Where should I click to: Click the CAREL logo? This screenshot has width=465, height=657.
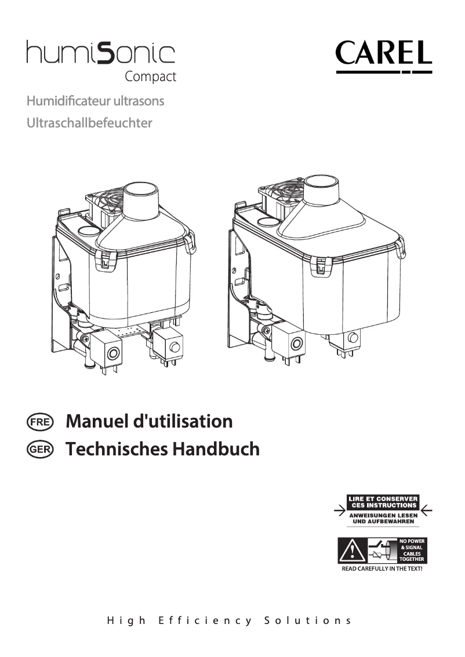tap(383, 56)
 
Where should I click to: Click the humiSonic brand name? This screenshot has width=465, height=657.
tap(100, 54)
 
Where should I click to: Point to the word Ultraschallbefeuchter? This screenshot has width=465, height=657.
tap(89, 123)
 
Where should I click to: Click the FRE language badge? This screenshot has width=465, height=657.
tap(40, 421)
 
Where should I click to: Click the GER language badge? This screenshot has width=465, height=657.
tap(40, 449)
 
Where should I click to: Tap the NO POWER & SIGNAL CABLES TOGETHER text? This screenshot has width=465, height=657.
tap(412, 550)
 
